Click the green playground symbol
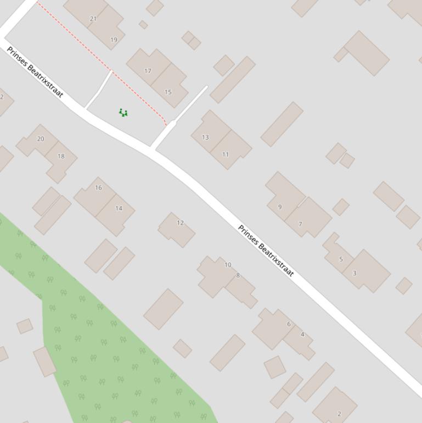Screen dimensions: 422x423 tap(123, 113)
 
